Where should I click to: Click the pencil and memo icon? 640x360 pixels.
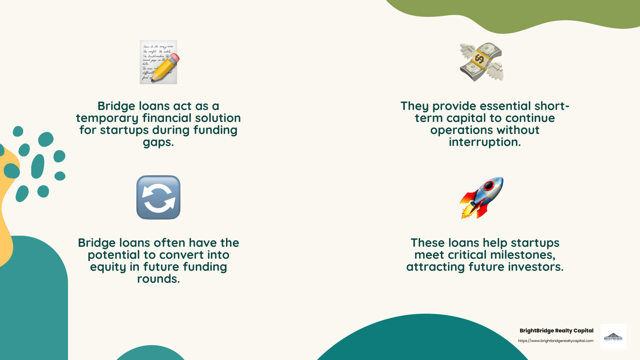[158, 62]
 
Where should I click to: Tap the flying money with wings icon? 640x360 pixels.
[481, 62]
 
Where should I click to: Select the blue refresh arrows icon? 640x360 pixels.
[158, 197]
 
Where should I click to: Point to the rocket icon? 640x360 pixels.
[481, 198]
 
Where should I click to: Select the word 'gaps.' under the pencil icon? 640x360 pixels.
[158, 142]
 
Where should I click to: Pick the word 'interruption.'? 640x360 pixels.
[485, 142]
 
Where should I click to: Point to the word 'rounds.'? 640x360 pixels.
[158, 279]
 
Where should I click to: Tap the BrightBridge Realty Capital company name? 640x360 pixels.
[556, 330]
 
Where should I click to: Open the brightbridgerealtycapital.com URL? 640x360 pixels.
[556, 341]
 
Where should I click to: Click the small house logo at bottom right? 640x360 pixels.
[613, 337]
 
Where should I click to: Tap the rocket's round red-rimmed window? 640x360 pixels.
[489, 186]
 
